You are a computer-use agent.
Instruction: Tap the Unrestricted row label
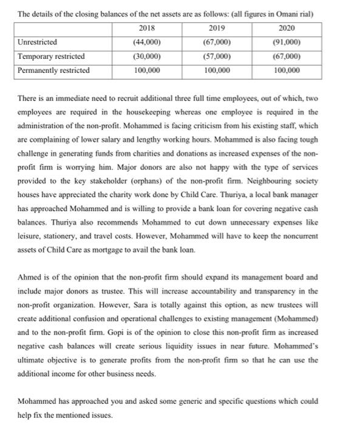(38, 42)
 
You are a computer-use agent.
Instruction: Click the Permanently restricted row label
(54, 70)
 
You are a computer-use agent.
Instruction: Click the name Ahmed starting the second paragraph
(30, 277)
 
